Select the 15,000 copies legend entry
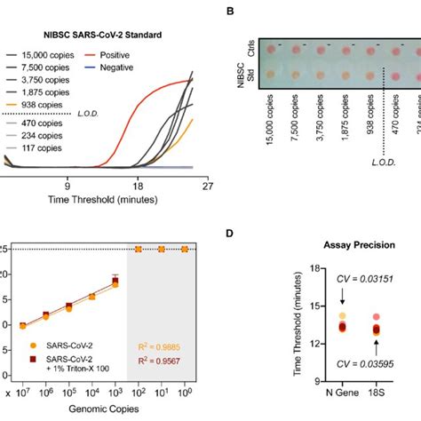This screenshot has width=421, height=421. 50,55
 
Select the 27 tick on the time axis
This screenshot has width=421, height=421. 206,188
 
